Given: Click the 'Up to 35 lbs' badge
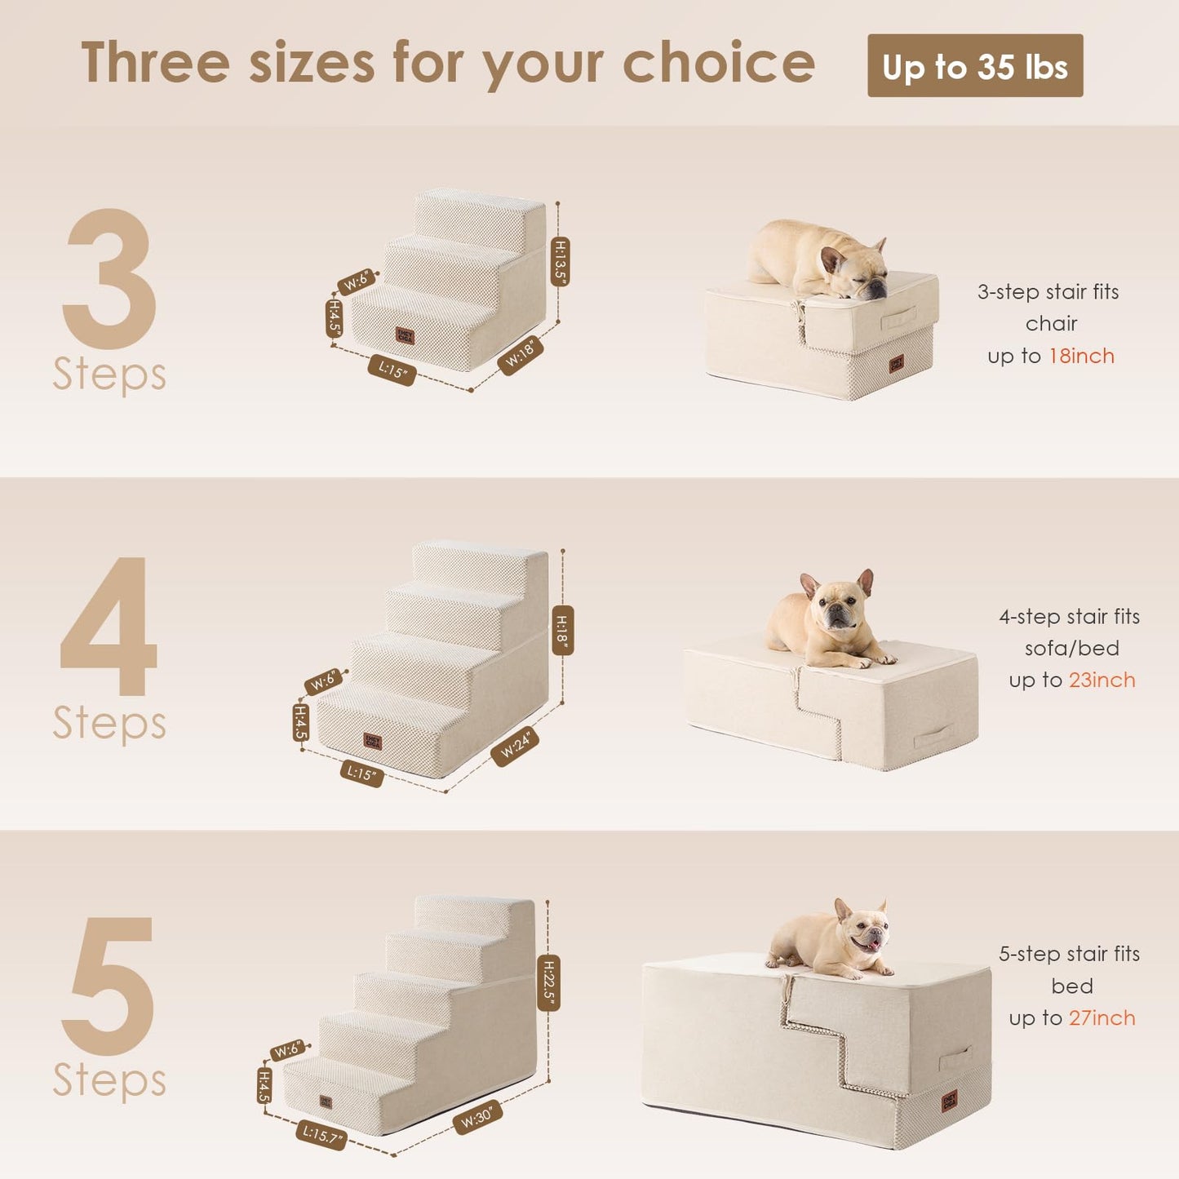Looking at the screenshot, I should click(x=974, y=66).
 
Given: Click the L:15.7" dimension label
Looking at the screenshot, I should click(x=321, y=1135).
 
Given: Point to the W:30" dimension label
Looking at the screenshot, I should click(x=476, y=1116).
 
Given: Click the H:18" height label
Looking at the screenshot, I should click(x=562, y=630).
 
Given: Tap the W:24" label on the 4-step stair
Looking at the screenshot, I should click(x=515, y=746).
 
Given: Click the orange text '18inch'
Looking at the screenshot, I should click(x=1081, y=356).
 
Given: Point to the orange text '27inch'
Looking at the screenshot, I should click(x=1101, y=1017).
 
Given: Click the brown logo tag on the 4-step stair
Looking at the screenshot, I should click(x=372, y=741).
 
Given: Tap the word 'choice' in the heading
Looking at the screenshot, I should click(x=718, y=64).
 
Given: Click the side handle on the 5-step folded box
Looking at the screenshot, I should click(x=955, y=1058).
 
